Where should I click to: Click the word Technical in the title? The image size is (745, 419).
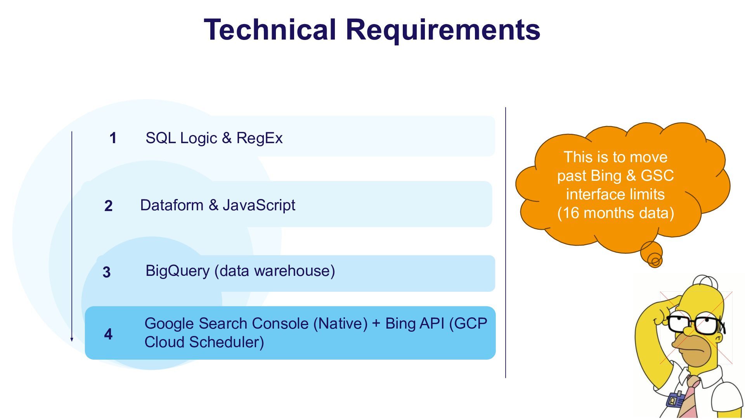[x=270, y=29]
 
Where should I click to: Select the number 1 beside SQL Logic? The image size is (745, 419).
[x=113, y=138]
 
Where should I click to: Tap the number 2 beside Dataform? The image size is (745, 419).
[x=109, y=206]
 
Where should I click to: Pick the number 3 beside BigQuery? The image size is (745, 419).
[x=107, y=272]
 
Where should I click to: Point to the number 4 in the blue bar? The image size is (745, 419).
[x=108, y=334]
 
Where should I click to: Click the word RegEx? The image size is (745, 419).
[x=259, y=138]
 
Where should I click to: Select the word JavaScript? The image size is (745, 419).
[x=259, y=206]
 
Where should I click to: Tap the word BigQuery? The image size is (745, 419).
[x=178, y=271]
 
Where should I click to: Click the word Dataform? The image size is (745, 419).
[x=172, y=205]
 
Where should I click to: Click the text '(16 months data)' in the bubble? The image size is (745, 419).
[x=616, y=213]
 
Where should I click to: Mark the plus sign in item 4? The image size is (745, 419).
[x=376, y=324]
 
